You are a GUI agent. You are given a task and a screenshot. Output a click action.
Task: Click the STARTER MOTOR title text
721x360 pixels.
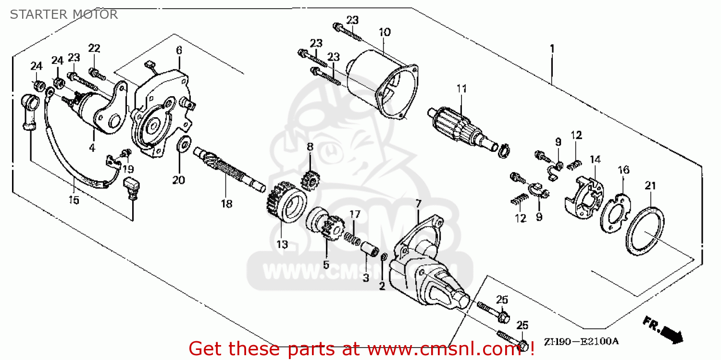tap(63, 14)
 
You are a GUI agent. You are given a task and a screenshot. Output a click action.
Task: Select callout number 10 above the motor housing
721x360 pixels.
tap(385, 32)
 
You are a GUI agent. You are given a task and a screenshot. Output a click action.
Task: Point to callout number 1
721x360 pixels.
tap(552, 49)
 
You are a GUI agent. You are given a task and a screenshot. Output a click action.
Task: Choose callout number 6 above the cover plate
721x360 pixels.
tap(179, 50)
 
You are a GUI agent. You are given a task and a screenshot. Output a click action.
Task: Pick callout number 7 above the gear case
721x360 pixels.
tap(417, 203)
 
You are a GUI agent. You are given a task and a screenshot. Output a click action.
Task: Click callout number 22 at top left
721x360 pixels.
tap(94, 48)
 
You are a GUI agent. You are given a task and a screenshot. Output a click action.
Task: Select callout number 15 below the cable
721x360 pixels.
tap(75, 199)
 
